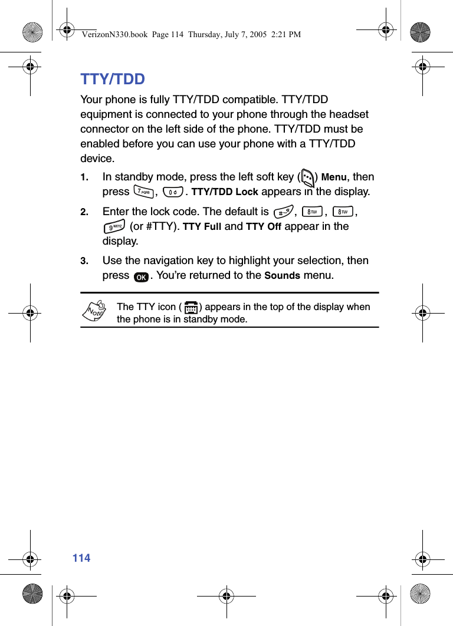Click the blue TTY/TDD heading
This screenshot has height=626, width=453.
coord(113,80)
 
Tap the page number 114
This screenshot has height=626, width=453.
coord(81,558)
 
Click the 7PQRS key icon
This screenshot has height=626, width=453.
coord(143,192)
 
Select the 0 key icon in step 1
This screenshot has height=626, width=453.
coord(172,192)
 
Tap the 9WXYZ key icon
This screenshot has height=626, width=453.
coord(113,226)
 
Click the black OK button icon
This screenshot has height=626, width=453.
coord(141,276)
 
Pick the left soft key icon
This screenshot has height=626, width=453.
coord(307,177)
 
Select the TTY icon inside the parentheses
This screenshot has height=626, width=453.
coord(190,307)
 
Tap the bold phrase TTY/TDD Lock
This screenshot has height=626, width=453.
coord(225,192)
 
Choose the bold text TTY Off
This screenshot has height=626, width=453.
coord(263,227)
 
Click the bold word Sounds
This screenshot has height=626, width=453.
coord(282,276)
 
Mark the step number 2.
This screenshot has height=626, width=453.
coord(84,212)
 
